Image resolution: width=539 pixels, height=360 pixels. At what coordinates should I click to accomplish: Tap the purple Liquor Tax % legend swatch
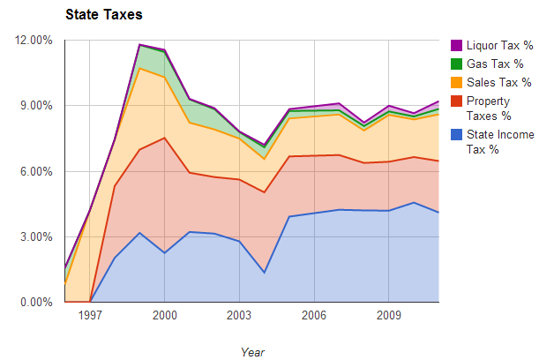click(456, 45)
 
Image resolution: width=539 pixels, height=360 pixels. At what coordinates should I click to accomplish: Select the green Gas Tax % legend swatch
click(456, 64)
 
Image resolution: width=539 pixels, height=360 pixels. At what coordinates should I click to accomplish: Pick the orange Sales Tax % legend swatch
click(456, 82)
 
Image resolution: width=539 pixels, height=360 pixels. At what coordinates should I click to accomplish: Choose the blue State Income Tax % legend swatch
click(456, 134)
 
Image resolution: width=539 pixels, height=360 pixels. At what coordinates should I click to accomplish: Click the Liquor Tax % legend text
click(499, 45)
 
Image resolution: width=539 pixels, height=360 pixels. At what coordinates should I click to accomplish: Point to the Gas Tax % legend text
click(495, 64)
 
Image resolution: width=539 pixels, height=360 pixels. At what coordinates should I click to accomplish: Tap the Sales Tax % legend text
click(498, 82)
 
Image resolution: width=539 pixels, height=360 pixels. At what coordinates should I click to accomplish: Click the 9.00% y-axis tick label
click(38, 105)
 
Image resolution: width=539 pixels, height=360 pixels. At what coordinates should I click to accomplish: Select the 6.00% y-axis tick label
click(38, 171)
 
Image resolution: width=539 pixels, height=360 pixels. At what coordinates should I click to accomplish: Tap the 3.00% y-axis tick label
click(38, 236)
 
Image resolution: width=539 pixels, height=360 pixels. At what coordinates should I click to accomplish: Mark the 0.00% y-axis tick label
click(38, 302)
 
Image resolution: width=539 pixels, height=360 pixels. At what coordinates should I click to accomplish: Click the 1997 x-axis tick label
click(90, 315)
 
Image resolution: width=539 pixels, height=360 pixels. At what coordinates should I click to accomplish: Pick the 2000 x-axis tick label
click(165, 315)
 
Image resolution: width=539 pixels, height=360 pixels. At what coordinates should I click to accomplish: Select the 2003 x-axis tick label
click(239, 315)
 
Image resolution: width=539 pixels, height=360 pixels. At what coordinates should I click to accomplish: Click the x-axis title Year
click(252, 351)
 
